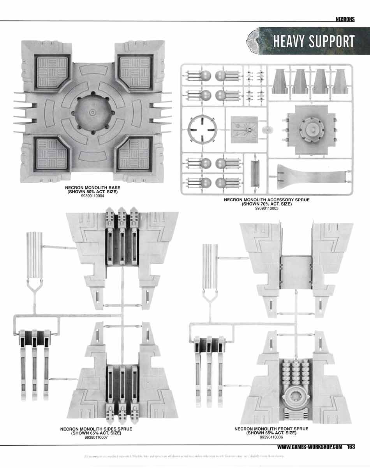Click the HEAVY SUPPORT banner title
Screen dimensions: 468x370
click(314, 41)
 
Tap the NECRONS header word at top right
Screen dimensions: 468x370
click(345, 19)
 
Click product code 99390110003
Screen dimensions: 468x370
click(266, 208)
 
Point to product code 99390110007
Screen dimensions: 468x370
click(96, 437)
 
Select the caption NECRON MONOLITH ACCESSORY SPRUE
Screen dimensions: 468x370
click(266, 200)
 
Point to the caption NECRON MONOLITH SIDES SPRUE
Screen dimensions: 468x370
click(96, 429)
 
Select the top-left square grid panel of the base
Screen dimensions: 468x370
click(53, 71)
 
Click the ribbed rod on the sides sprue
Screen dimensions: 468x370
click(34, 255)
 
